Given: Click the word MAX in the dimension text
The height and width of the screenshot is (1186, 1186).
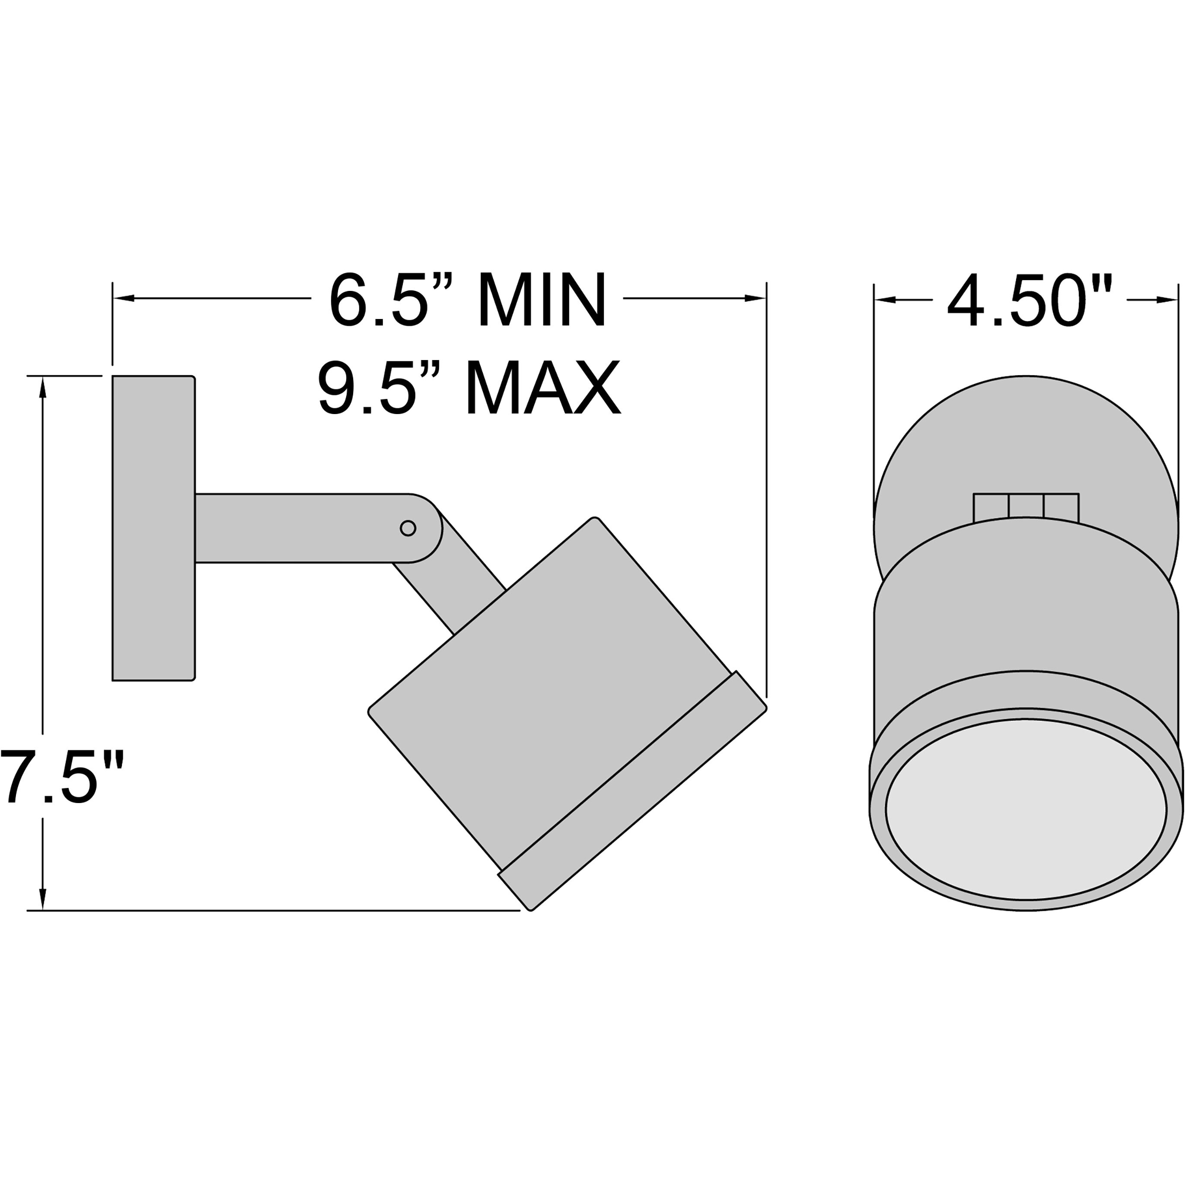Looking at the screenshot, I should [x=543, y=389].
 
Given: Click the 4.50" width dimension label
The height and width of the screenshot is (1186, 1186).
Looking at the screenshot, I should [x=1030, y=301].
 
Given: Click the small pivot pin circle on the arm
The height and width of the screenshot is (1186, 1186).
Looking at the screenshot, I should [x=408, y=527].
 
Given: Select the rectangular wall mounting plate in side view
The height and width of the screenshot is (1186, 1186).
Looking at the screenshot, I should [x=153, y=528].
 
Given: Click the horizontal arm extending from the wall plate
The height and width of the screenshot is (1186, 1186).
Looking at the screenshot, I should [x=295, y=528].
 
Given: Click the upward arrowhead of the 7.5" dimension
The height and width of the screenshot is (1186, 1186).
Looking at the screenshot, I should [x=42, y=388].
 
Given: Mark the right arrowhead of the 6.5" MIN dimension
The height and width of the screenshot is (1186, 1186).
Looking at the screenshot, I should [x=755, y=298].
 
